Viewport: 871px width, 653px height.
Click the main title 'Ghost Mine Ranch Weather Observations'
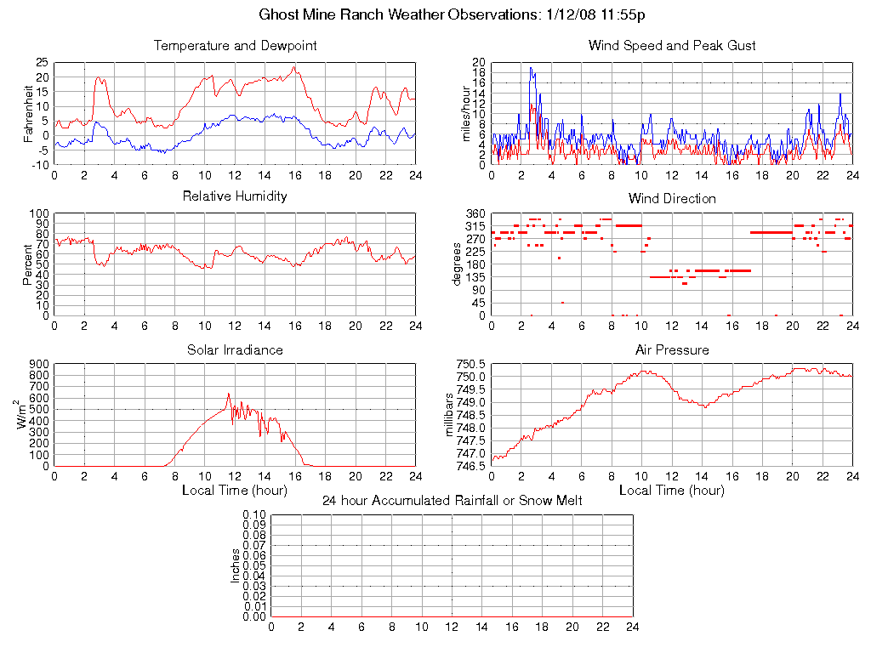[x=397, y=15]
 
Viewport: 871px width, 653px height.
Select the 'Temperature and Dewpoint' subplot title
[x=235, y=46]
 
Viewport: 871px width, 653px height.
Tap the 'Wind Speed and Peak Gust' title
[x=672, y=46]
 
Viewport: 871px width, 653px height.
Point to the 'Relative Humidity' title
[x=235, y=196]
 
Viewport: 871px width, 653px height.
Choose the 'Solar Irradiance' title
[x=235, y=350]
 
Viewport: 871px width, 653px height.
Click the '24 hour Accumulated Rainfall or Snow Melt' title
[x=452, y=501]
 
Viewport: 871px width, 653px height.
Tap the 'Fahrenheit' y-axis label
[x=28, y=113]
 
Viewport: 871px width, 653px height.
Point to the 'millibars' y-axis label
[x=450, y=415]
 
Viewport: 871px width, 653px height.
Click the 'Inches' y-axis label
[x=236, y=565]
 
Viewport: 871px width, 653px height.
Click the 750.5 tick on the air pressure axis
[x=470, y=364]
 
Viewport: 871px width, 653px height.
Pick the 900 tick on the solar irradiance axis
[x=39, y=364]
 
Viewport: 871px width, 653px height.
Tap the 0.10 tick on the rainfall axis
[x=254, y=515]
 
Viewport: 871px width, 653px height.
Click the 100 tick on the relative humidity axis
[x=39, y=213]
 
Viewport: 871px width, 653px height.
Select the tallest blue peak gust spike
[x=531, y=68]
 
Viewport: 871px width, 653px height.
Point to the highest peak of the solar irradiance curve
[x=228, y=394]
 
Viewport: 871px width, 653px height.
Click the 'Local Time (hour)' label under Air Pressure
[x=672, y=491]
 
